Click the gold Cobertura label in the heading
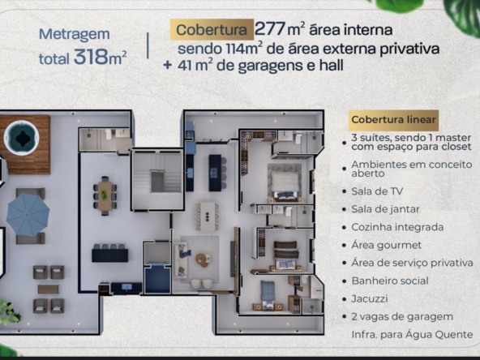[212, 30]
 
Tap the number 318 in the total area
[92, 57]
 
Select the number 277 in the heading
[270, 29]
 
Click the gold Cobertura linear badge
[394, 120]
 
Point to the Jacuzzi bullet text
[370, 298]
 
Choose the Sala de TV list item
[377, 191]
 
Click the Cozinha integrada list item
[397, 227]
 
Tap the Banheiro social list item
[390, 281]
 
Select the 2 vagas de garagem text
[402, 317]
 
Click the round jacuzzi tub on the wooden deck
[21, 138]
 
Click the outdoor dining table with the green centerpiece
[105, 195]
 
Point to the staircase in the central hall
[157, 181]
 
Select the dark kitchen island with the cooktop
[215, 173]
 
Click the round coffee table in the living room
[203, 259]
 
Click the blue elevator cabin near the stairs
[157, 279]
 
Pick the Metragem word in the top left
[74, 35]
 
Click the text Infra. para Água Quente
[412, 335]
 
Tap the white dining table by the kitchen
[208, 216]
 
